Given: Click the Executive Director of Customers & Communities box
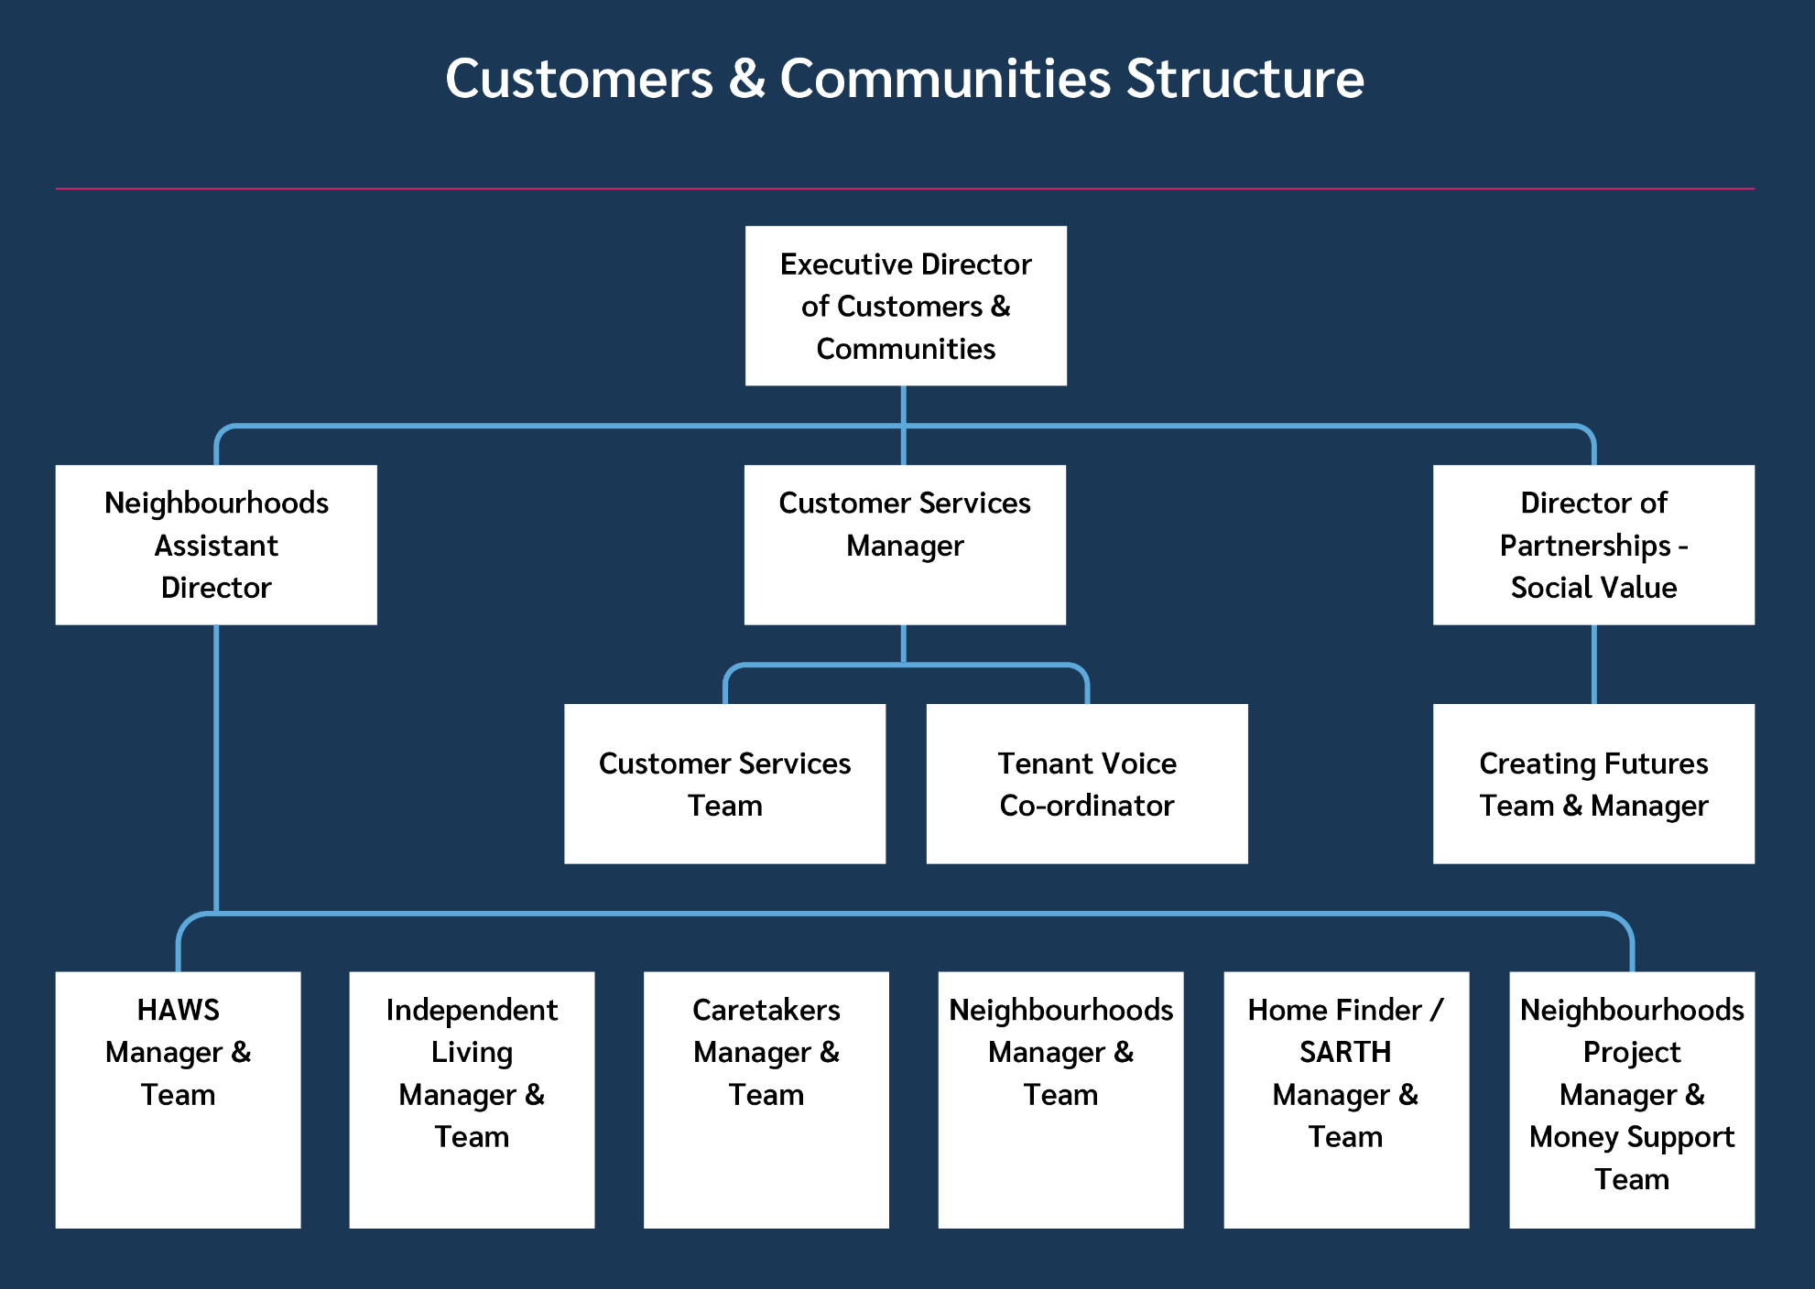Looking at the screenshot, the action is [x=906, y=306].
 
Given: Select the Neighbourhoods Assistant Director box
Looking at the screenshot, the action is [x=216, y=545].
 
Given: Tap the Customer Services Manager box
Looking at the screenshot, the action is [x=905, y=545].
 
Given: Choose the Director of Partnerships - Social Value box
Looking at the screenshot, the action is [x=1593, y=545].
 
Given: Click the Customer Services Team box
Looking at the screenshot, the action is [x=725, y=784].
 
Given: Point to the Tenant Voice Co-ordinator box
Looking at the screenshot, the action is [x=1087, y=784].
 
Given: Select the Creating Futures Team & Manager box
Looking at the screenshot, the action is [x=1593, y=784].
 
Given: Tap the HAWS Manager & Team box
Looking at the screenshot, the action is [x=178, y=1099].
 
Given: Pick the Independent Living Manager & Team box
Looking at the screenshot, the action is [x=472, y=1099].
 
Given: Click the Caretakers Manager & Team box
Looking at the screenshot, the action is [x=766, y=1099].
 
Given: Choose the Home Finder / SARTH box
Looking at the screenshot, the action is [x=1346, y=1099].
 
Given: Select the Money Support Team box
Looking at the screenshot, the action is [x=1632, y=1099].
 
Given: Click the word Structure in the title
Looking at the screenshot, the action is [x=1245, y=79].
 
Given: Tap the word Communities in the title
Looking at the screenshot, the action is [x=946, y=79].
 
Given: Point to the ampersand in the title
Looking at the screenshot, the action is [x=747, y=79].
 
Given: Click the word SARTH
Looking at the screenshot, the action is [x=1345, y=1052].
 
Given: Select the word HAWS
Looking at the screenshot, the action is [x=179, y=1010].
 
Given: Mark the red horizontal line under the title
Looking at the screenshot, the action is [x=905, y=189].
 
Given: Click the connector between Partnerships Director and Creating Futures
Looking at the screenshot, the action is [x=1594, y=665].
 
